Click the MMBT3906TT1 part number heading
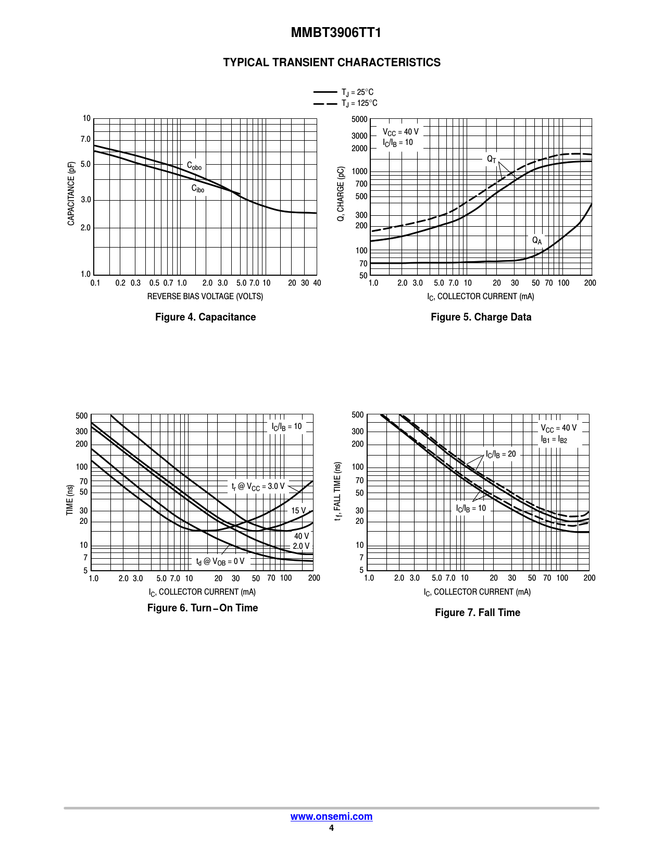coord(336,33)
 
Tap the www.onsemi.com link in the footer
coord(331,817)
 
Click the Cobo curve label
coord(194,166)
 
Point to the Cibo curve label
coord(197,189)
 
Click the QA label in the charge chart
coord(536,240)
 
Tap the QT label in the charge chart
coord(492,159)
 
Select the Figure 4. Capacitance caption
coord(205,317)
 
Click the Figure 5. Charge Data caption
coord(481,317)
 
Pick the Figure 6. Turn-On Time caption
coord(203,608)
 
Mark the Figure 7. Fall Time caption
coord(477,612)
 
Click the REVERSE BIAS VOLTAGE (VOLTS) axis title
coord(205,296)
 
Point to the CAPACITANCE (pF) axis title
coord(71,193)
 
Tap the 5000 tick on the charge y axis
coord(359,119)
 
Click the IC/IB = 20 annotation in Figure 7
coord(500,454)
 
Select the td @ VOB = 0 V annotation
coord(220,561)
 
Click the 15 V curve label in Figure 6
coord(298,510)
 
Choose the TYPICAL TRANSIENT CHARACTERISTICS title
coord(332,63)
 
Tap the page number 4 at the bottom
coord(331,828)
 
